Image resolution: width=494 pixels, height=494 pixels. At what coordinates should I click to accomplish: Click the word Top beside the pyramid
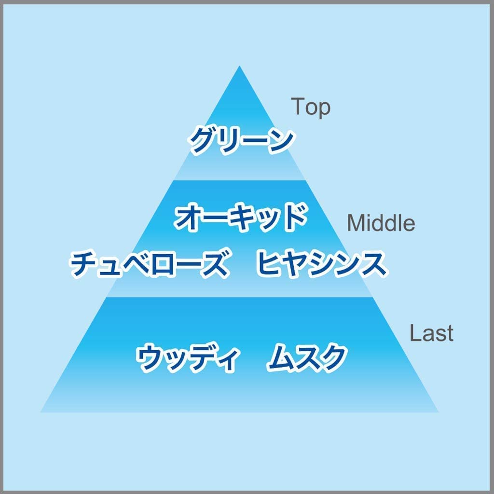tap(311, 108)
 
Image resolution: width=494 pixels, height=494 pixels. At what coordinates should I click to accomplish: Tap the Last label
tap(431, 333)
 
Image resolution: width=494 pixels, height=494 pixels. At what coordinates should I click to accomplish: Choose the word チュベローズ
tap(149, 263)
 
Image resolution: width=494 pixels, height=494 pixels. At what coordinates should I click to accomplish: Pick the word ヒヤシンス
tap(321, 263)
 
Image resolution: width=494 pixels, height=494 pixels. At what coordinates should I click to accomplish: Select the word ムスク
tap(307, 357)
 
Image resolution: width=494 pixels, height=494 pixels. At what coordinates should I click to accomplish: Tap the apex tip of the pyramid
tap(239, 66)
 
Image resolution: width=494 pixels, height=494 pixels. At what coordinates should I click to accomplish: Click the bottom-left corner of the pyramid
tap(41, 412)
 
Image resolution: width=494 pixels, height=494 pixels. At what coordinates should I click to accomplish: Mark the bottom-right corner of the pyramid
tap(438, 412)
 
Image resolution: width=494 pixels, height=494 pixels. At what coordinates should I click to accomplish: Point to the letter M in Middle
tap(355, 222)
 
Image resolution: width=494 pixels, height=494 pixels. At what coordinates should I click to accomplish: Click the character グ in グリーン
tap(202, 140)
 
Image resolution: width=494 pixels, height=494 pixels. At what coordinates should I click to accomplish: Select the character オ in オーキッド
tap(189, 218)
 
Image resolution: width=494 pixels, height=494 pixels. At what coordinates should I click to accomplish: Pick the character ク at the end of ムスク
tap(333, 357)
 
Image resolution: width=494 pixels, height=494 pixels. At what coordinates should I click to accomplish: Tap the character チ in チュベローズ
tap(84, 264)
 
